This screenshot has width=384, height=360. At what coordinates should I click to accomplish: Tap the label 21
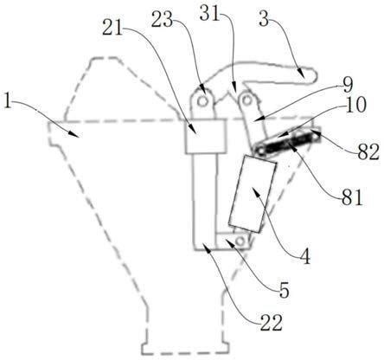[x=112, y=28]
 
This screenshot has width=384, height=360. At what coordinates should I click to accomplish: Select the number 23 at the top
[x=162, y=19]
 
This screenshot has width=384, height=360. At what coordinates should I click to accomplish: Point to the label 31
[x=210, y=14]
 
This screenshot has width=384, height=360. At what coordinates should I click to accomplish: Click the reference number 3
[x=264, y=19]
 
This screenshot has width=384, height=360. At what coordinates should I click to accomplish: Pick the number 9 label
[x=348, y=86]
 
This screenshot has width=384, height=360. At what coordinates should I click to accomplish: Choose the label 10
[x=355, y=105]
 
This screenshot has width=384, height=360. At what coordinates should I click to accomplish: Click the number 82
[x=368, y=152]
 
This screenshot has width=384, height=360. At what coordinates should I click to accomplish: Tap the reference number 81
[x=351, y=197]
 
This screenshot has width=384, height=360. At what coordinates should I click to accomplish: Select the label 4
[x=304, y=256]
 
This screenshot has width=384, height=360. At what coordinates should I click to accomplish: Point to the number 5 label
[x=284, y=290]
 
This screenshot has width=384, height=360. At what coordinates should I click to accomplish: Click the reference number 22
[x=271, y=323]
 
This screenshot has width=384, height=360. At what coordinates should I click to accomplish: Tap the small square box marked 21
[x=205, y=136]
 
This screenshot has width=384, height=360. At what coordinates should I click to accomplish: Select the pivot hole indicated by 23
[x=203, y=101]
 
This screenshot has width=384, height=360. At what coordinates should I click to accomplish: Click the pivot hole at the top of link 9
[x=246, y=100]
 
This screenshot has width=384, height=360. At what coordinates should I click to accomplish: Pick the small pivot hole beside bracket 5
[x=240, y=241]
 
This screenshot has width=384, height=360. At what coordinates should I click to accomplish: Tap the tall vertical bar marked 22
[x=205, y=201]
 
